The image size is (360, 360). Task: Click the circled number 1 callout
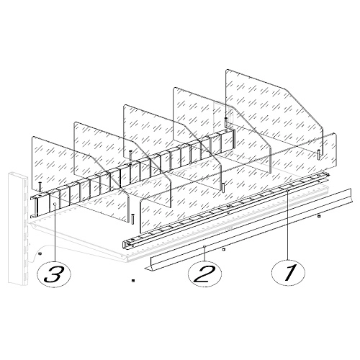coord(288,273)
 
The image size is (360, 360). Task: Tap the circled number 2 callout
coord(204,274)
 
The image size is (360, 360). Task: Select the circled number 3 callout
coord(55,274)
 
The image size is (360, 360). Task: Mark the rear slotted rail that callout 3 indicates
coord(132,173)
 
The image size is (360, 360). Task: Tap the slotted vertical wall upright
coord(18,228)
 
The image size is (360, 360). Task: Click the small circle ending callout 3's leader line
coord(55,204)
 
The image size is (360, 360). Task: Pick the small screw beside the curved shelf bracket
coord(40,253)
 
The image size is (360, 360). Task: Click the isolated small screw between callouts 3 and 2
coord(132,280)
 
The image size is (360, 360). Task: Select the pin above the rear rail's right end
coord(226,122)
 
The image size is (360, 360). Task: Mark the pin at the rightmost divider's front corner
coord(318,154)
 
